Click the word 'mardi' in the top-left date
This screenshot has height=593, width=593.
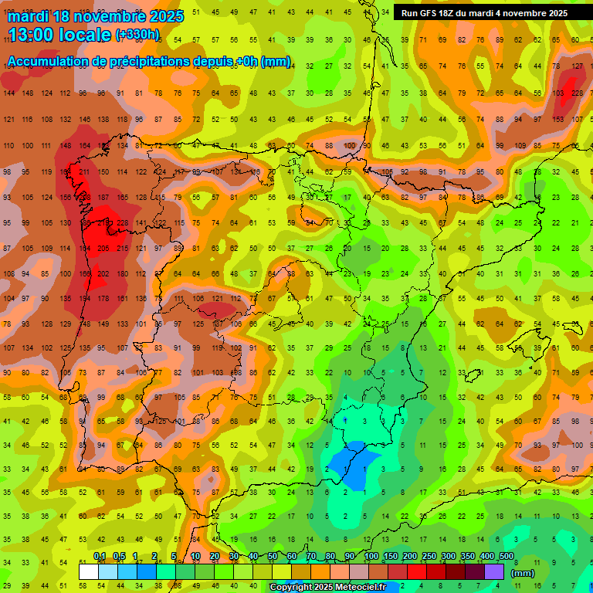[x=29, y=16]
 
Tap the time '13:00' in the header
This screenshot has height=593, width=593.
[x=35, y=35]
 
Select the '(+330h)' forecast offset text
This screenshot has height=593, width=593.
[x=137, y=35]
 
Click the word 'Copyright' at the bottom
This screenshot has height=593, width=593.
[x=292, y=588]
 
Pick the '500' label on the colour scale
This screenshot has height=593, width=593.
[x=506, y=557]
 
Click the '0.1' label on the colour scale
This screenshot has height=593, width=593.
[x=100, y=557]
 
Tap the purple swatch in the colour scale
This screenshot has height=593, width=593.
[x=494, y=571]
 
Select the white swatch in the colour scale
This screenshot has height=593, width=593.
[x=89, y=571]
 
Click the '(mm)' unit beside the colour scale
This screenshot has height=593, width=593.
[x=523, y=573]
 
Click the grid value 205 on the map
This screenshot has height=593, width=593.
[x=103, y=248]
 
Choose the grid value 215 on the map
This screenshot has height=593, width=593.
[x=122, y=248]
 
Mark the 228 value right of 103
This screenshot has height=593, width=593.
[x=577, y=93]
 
